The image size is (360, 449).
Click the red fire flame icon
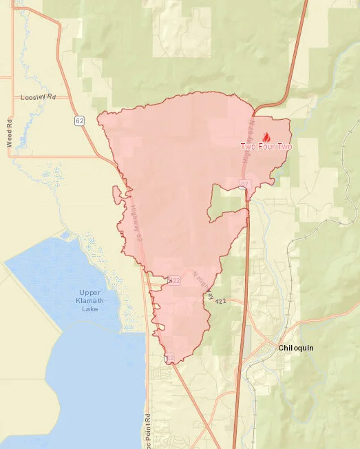tap(267, 138)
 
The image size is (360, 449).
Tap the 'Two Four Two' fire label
tap(266, 147)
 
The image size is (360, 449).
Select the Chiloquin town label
tap(296, 348)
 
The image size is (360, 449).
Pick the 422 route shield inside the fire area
tap(174, 280)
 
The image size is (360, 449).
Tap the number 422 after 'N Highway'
tap(220, 301)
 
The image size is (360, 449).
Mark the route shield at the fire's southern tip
tap(169, 357)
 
